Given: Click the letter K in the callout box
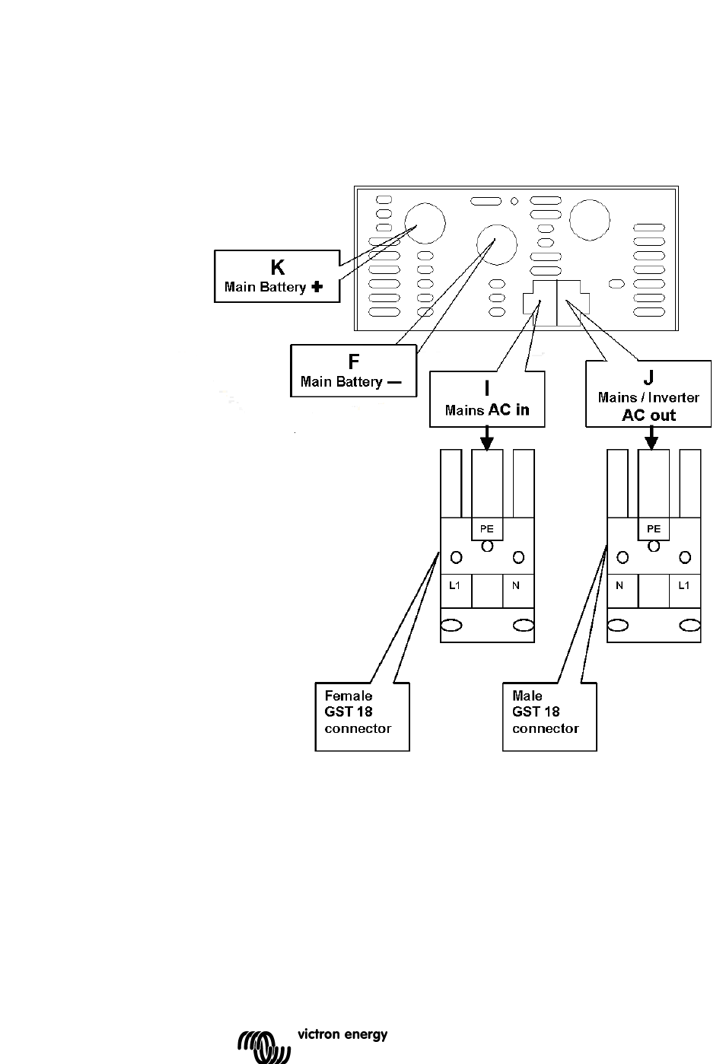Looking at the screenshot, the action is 278,267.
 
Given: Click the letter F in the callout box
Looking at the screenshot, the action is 354,362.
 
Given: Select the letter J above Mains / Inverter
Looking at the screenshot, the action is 648,377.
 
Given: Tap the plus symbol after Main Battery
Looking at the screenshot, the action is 317,287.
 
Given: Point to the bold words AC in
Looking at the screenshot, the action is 508,409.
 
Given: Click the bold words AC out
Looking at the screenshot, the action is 648,415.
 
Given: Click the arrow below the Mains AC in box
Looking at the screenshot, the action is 486,438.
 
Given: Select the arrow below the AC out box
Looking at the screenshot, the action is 651,438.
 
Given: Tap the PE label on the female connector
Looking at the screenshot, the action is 487,529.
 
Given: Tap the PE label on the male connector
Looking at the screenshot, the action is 654,529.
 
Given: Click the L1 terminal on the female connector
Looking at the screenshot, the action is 454,585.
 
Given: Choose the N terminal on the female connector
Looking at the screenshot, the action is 516,585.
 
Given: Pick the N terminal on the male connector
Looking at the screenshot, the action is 619,585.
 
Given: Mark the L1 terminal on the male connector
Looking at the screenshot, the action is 683,585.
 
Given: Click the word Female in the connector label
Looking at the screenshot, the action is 349,696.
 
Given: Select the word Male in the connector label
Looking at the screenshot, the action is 527,696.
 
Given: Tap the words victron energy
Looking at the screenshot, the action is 342,1035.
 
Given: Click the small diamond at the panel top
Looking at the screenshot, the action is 514,202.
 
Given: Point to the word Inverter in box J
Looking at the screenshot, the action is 674,397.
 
